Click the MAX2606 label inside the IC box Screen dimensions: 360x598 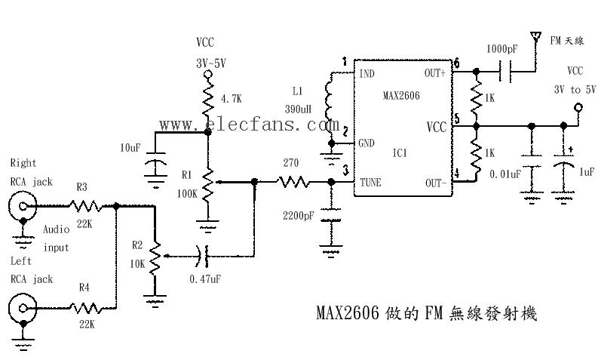(x=400, y=96)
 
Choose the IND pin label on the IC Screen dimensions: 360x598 (x=366, y=74)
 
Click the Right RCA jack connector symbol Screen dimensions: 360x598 (x=23, y=205)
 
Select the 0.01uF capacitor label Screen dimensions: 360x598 (x=504, y=174)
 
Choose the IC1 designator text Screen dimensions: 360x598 (x=400, y=152)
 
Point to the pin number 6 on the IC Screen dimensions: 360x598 (x=456, y=63)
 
